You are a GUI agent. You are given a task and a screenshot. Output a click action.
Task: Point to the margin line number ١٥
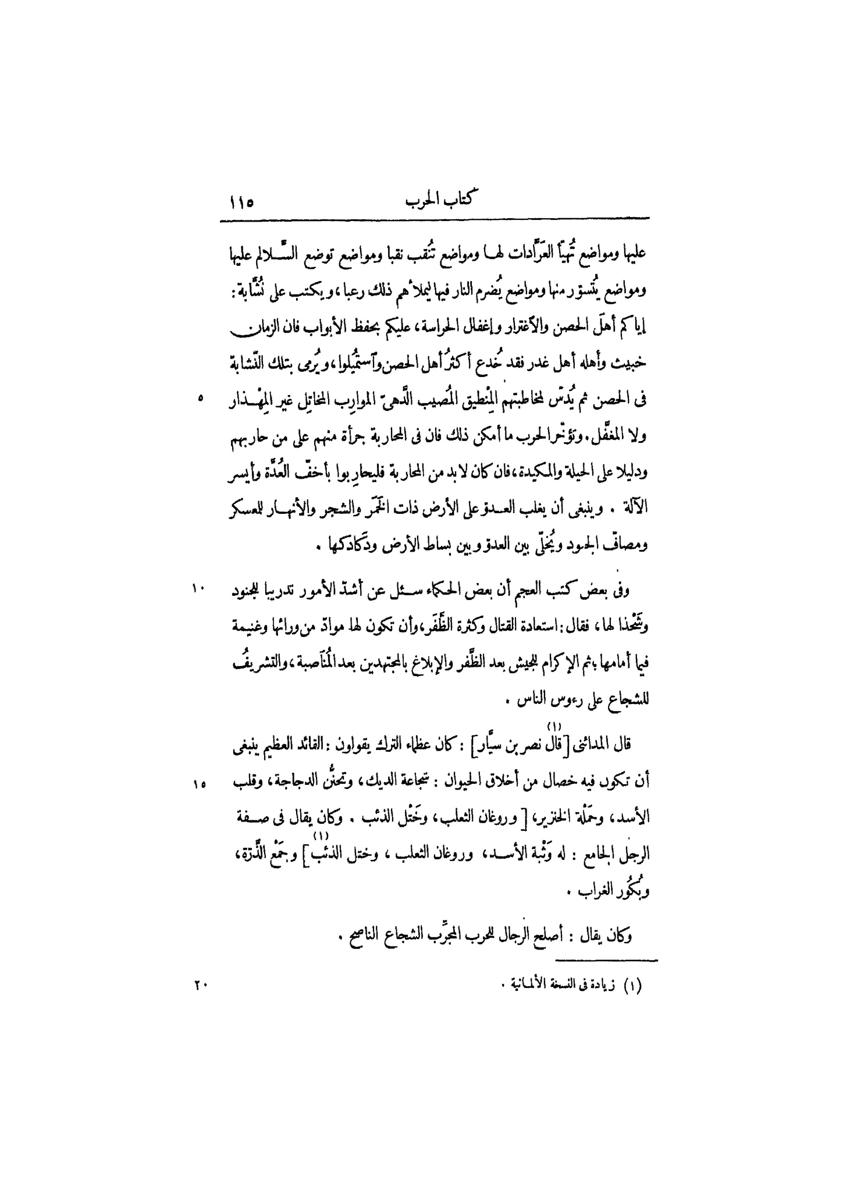(200, 784)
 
